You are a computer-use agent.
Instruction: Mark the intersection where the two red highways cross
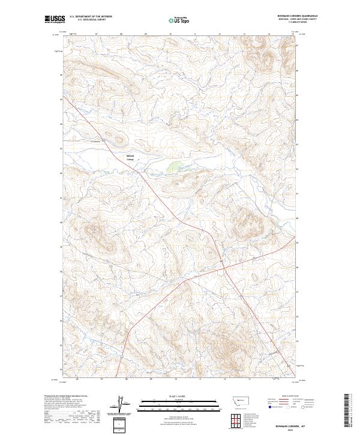(x=223, y=263)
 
